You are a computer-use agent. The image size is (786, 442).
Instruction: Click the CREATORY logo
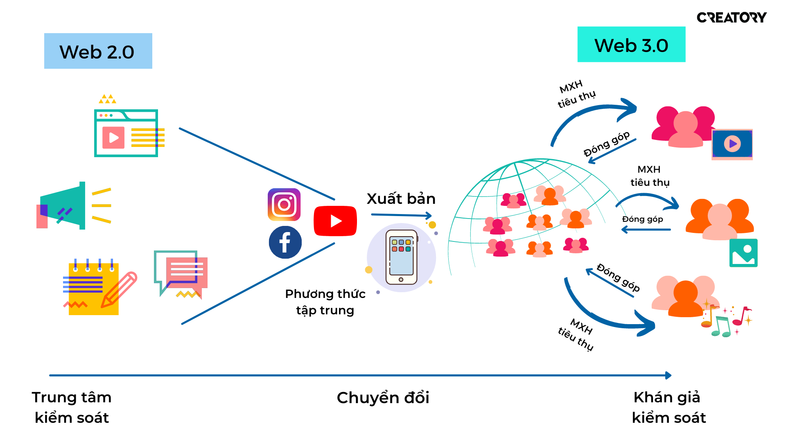[732, 18]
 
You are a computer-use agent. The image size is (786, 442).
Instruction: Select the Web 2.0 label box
[98, 51]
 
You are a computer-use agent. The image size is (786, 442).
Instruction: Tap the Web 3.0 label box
[631, 45]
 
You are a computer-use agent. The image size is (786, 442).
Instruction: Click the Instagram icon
[284, 205]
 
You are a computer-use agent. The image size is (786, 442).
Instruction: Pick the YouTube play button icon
[335, 221]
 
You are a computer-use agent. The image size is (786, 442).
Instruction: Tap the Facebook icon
[285, 242]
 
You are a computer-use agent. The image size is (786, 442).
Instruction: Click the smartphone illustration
[401, 257]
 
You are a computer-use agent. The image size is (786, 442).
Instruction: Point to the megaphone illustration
[74, 205]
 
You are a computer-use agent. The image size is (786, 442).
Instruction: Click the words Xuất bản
[401, 199]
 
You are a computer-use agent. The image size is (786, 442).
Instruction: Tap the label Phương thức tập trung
[325, 302]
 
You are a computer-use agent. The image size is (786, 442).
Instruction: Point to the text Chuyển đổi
[383, 398]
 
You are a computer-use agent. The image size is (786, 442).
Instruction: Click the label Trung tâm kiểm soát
[72, 407]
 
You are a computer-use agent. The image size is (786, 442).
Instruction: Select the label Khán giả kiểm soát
[669, 407]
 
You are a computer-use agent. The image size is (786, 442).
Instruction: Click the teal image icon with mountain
[743, 253]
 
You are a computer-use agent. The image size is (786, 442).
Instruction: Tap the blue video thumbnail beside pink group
[732, 144]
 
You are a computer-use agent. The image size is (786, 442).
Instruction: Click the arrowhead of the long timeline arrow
[669, 375]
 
